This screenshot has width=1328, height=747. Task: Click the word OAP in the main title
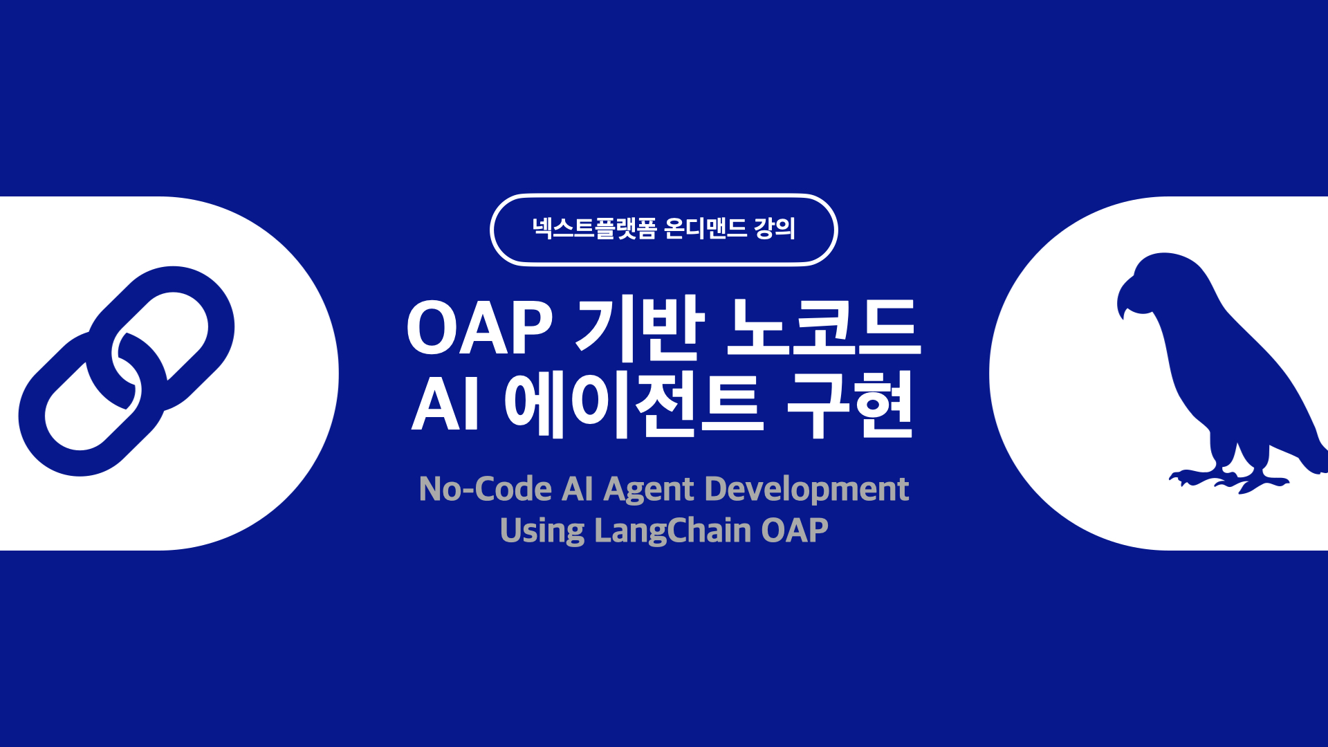pos(479,329)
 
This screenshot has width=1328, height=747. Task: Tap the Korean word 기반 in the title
pos(640,329)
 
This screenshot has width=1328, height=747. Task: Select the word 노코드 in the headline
pos(823,329)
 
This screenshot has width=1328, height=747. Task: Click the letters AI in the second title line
pos(445,405)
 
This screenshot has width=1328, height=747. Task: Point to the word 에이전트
pos(634,405)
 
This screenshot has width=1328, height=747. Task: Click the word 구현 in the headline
pos(851,405)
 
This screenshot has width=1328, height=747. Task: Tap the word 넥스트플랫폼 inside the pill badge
pos(593,228)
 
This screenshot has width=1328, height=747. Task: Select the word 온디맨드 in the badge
pos(705,228)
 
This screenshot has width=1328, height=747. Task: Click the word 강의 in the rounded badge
pos(775,228)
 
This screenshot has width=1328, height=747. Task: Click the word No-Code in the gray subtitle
pos(485,489)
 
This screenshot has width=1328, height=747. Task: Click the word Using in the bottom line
pos(542,531)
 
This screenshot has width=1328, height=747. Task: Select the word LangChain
pos(672,531)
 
